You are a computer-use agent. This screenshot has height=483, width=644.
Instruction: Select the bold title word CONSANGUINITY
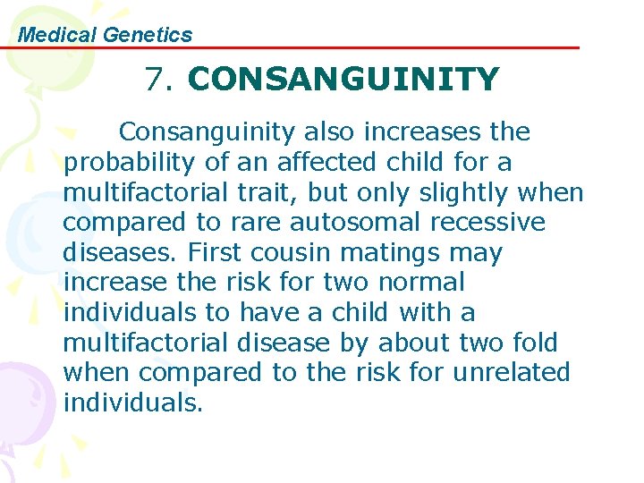pyautogui.click(x=343, y=80)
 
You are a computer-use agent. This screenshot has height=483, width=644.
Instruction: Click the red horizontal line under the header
pyautogui.click(x=358, y=47)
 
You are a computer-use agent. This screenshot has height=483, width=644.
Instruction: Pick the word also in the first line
pyautogui.click(x=329, y=132)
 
